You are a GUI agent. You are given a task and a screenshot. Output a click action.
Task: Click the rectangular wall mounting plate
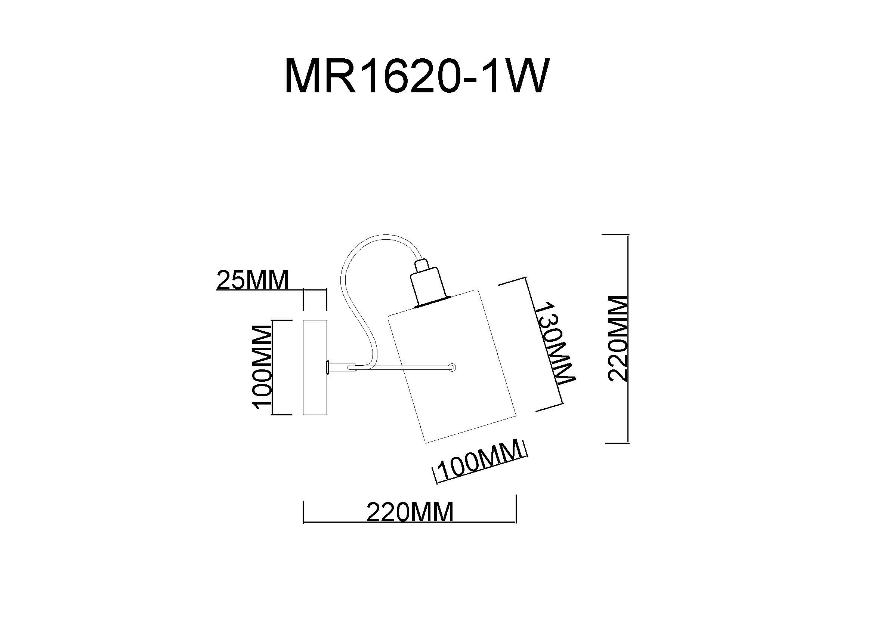[315, 367]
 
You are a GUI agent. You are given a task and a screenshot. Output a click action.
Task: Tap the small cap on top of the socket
[421, 264]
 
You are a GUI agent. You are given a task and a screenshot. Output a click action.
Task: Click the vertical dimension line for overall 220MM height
[627, 338]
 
